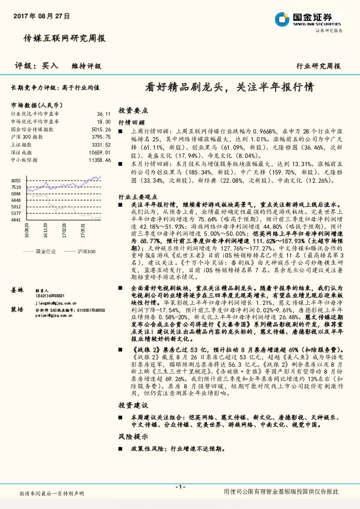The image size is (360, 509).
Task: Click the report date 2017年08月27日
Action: (41, 16)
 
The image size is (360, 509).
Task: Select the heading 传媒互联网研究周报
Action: (64, 39)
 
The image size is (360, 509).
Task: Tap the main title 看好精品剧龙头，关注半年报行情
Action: (229, 87)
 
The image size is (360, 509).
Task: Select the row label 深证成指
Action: (21, 153)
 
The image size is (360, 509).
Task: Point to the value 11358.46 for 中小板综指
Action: (100, 160)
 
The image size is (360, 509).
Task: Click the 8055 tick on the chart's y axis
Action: (16, 181)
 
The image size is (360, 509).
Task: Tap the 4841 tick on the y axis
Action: (16, 220)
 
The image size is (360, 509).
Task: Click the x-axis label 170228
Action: (64, 231)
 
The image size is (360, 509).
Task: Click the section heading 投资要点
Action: (133, 110)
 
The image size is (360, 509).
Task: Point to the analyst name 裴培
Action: (17, 309)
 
